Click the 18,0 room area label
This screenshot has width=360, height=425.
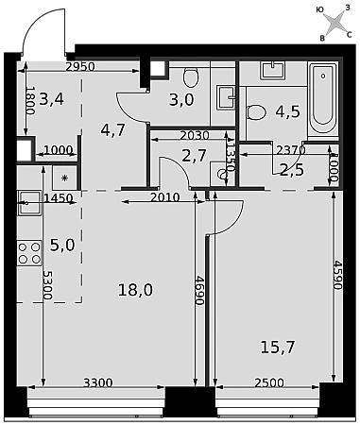point(135,290)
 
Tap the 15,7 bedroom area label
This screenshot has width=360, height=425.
point(278,348)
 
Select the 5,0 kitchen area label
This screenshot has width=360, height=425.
point(62,245)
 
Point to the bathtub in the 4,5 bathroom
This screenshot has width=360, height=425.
point(323,99)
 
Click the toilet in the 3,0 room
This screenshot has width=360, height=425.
point(191,77)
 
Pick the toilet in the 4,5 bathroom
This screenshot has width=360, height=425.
point(257,112)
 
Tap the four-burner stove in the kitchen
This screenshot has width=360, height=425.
point(29,252)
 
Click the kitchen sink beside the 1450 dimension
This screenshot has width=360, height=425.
point(29,203)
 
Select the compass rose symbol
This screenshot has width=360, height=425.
point(334,23)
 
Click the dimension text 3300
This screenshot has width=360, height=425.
point(98,382)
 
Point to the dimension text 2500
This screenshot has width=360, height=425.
point(269,382)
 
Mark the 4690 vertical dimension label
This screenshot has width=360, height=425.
point(198,290)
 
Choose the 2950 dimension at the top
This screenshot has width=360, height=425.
point(80,67)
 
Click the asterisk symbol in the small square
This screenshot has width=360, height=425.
point(64,178)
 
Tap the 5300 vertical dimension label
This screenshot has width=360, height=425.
point(47,285)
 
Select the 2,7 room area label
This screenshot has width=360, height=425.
point(194,156)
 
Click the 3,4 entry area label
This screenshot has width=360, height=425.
point(52,99)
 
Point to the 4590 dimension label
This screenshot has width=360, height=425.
point(337,275)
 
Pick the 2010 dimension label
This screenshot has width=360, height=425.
point(165,197)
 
